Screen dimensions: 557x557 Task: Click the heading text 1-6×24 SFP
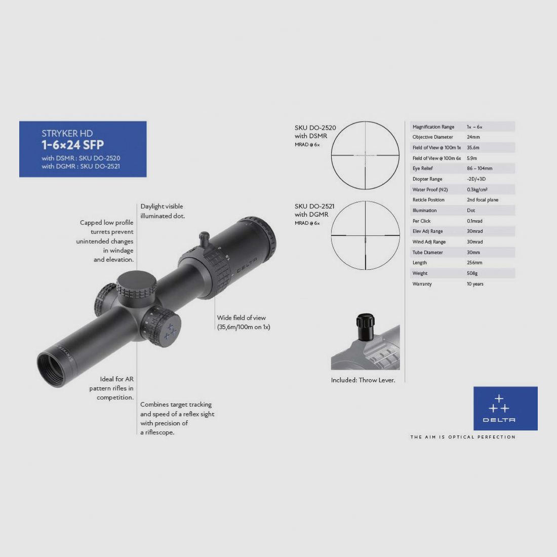pos(72,145)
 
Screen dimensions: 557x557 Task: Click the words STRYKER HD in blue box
pos(67,134)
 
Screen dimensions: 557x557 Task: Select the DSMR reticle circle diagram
pos(365,155)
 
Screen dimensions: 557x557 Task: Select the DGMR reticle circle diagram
pos(365,235)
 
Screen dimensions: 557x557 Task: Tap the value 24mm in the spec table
pos(473,137)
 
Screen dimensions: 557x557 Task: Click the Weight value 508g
pos(472,273)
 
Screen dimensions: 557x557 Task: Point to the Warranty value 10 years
pos(475,284)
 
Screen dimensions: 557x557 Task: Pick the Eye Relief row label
pos(422,169)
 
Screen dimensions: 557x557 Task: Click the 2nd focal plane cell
pos(482,200)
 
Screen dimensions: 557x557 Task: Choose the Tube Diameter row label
pos(427,253)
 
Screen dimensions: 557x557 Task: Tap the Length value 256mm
pos(474,263)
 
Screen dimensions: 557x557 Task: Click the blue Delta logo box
pos(505,408)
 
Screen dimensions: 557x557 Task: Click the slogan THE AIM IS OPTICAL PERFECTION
pos(462,437)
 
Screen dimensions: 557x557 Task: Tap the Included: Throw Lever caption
pos(363,380)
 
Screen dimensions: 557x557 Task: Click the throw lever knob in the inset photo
pos(365,327)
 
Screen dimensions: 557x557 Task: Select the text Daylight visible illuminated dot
pos(163,211)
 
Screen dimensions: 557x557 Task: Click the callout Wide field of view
pos(242,318)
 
